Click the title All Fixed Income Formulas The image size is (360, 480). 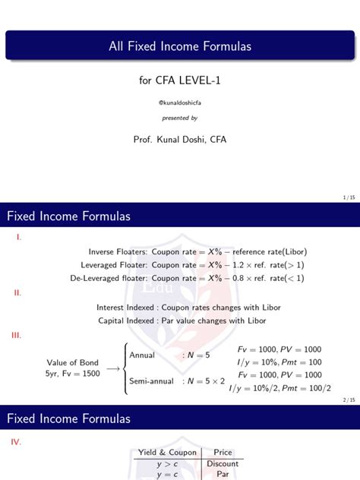(179, 46)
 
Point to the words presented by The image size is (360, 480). (179, 118)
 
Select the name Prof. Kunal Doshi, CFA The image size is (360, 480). (179, 139)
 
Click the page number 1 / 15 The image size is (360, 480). (349, 197)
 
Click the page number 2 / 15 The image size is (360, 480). (349, 399)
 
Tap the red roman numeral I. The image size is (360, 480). (18, 236)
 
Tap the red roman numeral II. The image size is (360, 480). (18, 292)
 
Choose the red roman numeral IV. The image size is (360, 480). (19, 440)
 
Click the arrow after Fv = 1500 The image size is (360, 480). (112, 368)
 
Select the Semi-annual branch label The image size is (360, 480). (151, 381)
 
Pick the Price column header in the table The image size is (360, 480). (223, 453)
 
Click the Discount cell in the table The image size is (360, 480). (223, 463)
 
